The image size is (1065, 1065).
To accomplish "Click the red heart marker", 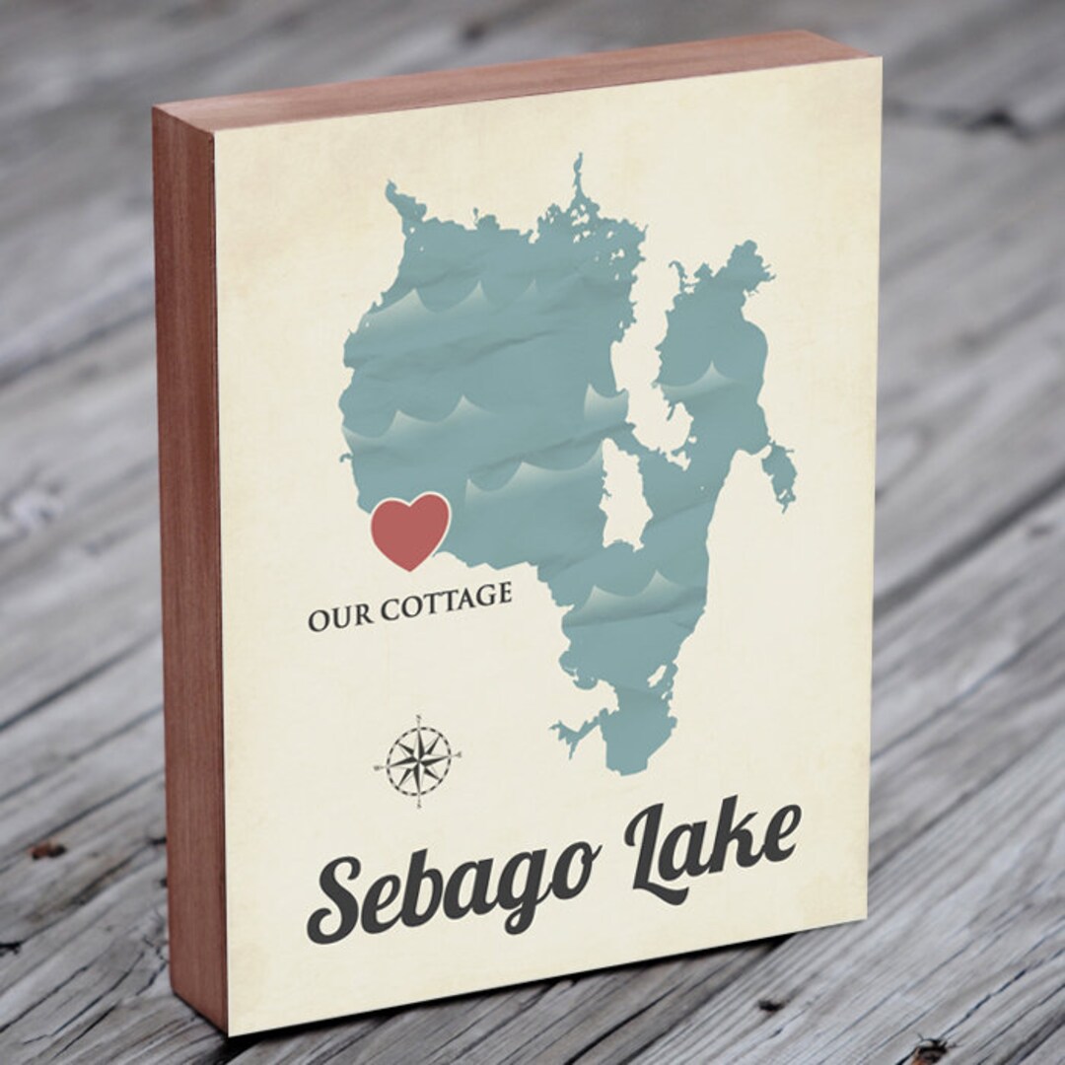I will pos(410,530).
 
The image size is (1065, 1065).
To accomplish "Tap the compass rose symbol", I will pos(418,760).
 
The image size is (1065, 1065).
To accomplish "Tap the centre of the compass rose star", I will pos(418,761).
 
